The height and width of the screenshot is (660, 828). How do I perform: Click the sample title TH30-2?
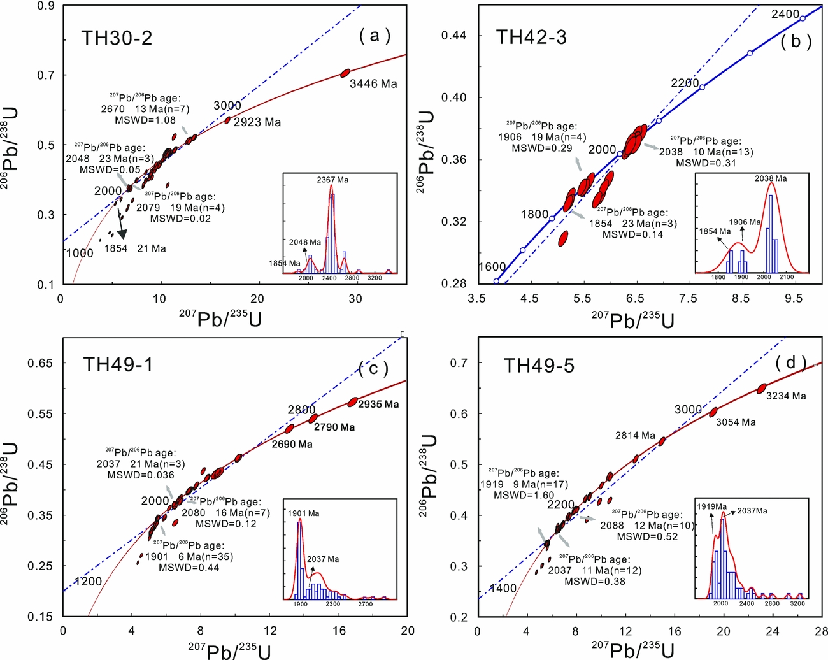coord(117,38)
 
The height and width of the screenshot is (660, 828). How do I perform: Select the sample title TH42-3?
coord(531,38)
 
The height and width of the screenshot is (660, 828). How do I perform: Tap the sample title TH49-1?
coord(118,364)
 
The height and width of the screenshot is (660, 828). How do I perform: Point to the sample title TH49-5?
coord(539,366)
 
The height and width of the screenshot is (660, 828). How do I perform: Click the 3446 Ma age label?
coord(373,83)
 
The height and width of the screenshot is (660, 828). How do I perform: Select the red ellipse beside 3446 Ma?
coord(345,73)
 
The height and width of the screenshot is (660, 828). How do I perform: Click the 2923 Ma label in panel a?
coord(257,122)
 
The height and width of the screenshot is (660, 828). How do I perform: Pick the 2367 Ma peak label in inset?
coord(332,180)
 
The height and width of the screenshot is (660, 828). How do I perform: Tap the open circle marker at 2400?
coord(803,18)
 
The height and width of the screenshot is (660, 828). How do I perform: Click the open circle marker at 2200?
coord(702,87)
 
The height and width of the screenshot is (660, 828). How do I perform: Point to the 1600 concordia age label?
coord(492,267)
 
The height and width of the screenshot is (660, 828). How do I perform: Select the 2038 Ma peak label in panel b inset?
coord(771,178)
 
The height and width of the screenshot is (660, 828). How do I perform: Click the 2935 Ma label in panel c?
coord(378,404)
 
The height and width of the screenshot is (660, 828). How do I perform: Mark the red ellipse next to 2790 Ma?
coord(313,419)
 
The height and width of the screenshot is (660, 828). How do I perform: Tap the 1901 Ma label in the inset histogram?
coord(304,513)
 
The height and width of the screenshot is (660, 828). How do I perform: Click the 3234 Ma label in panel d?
coord(786,396)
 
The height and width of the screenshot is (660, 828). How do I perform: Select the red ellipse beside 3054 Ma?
coord(713,412)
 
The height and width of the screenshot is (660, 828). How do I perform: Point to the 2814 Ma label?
coord(635,435)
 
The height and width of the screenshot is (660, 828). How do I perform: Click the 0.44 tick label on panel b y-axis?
coord(453,36)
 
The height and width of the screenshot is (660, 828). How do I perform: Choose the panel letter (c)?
coord(374,368)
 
